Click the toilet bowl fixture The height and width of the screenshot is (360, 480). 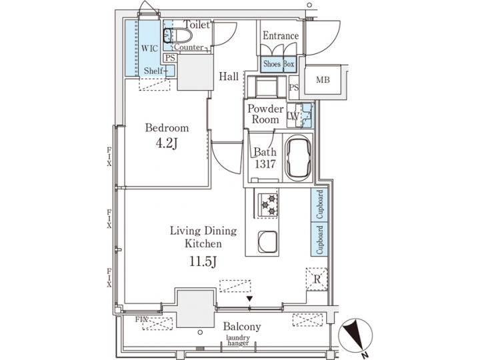click(167, 35)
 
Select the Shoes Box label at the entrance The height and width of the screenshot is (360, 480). click(279, 64)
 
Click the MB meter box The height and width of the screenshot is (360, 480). click(323, 81)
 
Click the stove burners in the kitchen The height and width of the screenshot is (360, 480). click(268, 204)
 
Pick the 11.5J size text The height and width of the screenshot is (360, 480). click(203, 262)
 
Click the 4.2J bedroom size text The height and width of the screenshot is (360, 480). click(167, 142)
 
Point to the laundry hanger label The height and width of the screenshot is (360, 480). click(238, 341)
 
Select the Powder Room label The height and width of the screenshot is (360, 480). click(265, 115)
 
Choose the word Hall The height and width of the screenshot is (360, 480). click(229, 77)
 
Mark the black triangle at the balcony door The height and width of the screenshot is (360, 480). click(249, 299)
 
